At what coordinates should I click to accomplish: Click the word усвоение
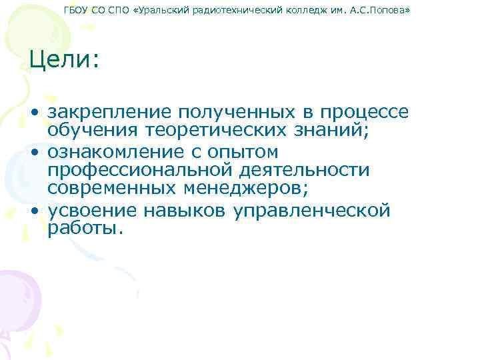89,211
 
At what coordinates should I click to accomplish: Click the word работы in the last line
85,229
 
